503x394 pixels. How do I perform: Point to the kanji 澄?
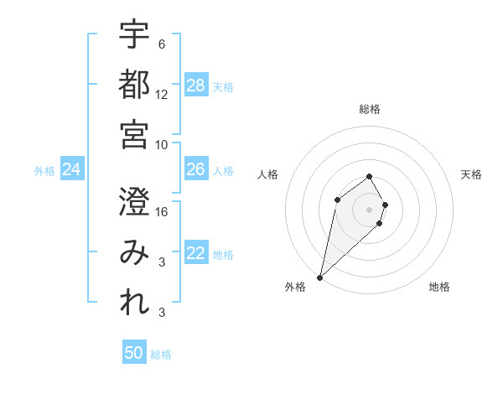pos(134,201)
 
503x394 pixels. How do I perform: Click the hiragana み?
pos(134,252)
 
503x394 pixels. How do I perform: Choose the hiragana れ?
pos(134,303)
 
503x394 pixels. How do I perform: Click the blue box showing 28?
pos(196,85)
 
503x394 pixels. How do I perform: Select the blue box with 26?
pos(196,169)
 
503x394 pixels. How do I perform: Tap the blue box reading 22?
pos(196,253)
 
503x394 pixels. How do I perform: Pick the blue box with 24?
pos(72,169)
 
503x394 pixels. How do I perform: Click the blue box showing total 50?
pos(134,353)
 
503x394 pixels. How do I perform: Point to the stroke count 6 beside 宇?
pos(161,44)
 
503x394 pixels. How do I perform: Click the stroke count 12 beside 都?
pos(162,94)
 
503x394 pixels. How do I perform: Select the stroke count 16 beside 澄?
pos(162,211)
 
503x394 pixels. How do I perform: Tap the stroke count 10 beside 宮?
pos(162,144)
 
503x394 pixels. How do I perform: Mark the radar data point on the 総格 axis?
pos(369,176)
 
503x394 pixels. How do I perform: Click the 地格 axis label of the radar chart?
pos(439,287)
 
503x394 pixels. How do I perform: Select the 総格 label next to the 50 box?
pos(162,355)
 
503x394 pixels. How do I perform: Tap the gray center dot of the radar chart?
pos(369,209)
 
